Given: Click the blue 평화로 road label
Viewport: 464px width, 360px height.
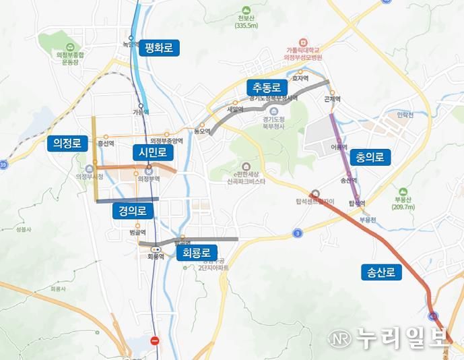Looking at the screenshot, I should pyautogui.click(x=159, y=48).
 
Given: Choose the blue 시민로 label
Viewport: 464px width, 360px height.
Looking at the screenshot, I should pyautogui.click(x=152, y=152).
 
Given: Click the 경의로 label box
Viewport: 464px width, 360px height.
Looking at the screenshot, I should pyautogui.click(x=133, y=210).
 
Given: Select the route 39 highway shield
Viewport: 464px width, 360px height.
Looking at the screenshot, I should pyautogui.click(x=3, y=164).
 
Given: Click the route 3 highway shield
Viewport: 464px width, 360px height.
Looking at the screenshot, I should pyautogui.click(x=298, y=233).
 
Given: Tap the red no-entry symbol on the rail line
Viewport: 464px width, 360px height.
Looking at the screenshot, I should pyautogui.click(x=156, y=341).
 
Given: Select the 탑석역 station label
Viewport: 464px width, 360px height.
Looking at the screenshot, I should pyautogui.click(x=357, y=203).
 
